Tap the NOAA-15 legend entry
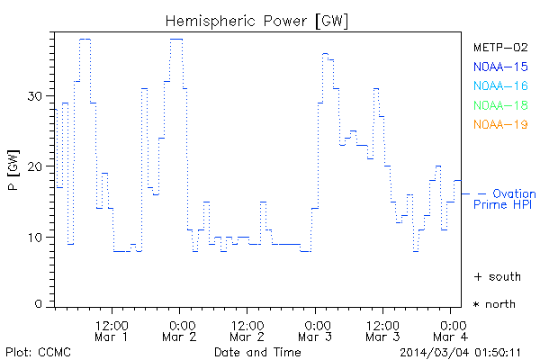coord(499,67)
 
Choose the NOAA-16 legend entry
coord(499,86)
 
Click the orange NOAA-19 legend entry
coord(499,125)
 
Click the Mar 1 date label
coord(112,337)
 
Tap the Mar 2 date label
coord(180,337)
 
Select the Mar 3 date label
coord(316,337)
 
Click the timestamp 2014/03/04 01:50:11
coord(468,351)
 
